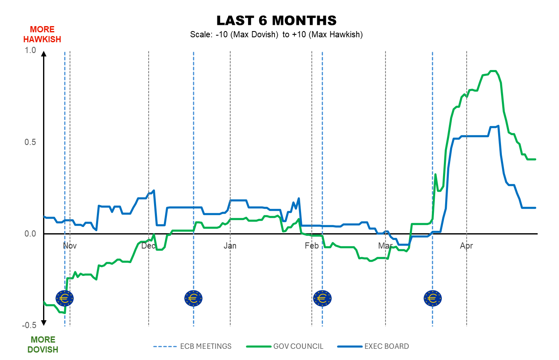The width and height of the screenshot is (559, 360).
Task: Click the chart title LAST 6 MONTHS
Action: (276, 21)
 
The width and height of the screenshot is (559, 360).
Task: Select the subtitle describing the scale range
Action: (276, 35)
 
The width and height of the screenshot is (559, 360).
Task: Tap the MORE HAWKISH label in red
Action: (42, 34)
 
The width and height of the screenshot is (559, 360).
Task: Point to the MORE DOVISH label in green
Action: (43, 345)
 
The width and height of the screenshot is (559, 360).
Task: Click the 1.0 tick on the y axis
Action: (31, 50)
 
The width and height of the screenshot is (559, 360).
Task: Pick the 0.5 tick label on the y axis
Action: (31, 142)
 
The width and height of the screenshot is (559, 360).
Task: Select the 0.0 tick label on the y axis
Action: (31, 234)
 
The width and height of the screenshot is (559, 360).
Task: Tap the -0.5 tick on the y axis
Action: (30, 326)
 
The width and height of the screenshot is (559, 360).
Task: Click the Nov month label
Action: (70, 246)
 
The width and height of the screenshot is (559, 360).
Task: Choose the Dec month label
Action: (149, 246)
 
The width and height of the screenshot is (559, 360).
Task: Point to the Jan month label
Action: (230, 246)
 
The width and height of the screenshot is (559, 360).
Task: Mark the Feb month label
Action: (311, 246)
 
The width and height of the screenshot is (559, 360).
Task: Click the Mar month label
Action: (385, 246)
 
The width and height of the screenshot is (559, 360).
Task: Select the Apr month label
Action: (467, 246)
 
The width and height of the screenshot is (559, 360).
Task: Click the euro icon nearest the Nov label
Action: (65, 298)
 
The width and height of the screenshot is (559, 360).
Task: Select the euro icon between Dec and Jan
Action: (193, 298)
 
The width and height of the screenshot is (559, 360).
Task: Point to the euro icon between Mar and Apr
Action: (432, 298)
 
